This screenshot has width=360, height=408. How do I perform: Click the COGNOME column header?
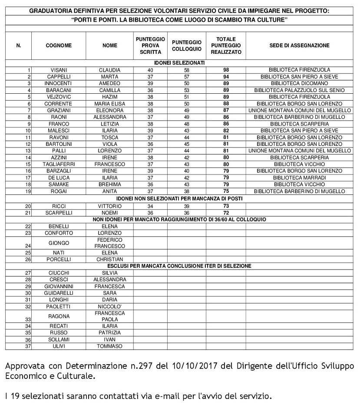tap(59, 46)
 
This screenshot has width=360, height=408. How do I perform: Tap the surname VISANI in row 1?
tap(59, 70)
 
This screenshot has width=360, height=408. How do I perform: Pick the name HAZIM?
tap(109, 97)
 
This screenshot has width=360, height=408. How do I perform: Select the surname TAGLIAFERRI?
tap(59, 165)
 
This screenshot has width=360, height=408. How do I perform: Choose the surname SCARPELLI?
tap(59, 213)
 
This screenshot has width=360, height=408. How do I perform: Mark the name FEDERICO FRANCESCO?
tap(109, 243)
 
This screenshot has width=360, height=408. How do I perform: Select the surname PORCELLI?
tap(59, 259)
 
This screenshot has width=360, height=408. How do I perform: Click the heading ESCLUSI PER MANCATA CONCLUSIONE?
tap(179, 266)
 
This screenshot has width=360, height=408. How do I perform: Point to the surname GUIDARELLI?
tap(59, 293)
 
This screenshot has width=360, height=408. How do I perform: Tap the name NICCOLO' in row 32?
tap(109, 306)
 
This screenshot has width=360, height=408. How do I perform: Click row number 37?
tap(28, 346)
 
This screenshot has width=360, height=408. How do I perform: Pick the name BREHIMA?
tap(109, 184)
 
